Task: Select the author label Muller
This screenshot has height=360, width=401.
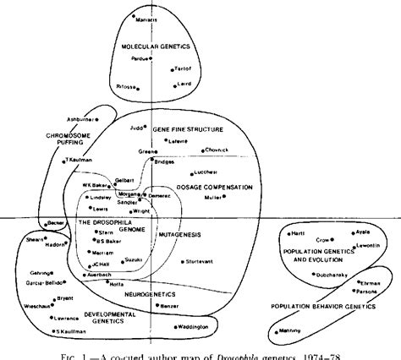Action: click(215, 198)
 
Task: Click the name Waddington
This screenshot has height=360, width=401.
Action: click(197, 327)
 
